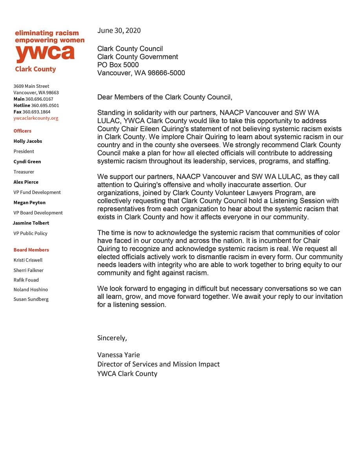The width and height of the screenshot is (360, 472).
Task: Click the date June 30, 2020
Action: click(119, 31)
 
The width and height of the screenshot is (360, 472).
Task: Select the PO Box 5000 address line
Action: click(118, 65)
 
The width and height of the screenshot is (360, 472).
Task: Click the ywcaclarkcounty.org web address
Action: click(36, 118)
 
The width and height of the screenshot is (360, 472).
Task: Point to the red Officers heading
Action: click(22, 131)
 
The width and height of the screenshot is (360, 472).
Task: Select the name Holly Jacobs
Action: click(28, 141)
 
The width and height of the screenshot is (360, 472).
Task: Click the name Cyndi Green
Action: click(27, 162)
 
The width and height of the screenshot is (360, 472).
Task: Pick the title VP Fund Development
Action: click(37, 192)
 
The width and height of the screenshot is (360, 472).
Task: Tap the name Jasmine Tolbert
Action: click(31, 223)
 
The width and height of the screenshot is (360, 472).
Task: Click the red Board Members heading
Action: click(31, 250)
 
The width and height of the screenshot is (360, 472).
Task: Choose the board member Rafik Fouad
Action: click(26, 280)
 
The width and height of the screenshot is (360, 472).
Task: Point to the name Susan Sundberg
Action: click(31, 299)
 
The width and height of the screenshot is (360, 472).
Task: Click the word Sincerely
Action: click(112, 338)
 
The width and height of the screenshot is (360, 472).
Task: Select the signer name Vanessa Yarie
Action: click(118, 355)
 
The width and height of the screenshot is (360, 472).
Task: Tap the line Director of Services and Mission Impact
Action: click(158, 364)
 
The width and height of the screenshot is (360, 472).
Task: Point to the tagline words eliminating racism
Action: click(47, 33)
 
